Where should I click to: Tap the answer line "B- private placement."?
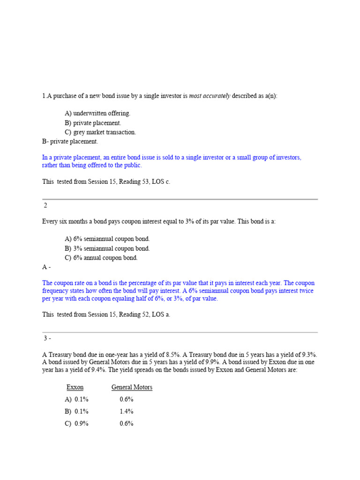[x=70, y=141]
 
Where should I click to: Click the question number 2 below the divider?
[x=45, y=205]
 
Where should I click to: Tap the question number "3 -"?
[x=47, y=338]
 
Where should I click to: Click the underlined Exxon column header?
[x=75, y=387]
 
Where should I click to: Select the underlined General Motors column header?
[x=132, y=387]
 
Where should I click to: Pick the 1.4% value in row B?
[x=127, y=411]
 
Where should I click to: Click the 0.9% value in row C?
[x=82, y=423]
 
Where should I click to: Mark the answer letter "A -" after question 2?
[x=46, y=267]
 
